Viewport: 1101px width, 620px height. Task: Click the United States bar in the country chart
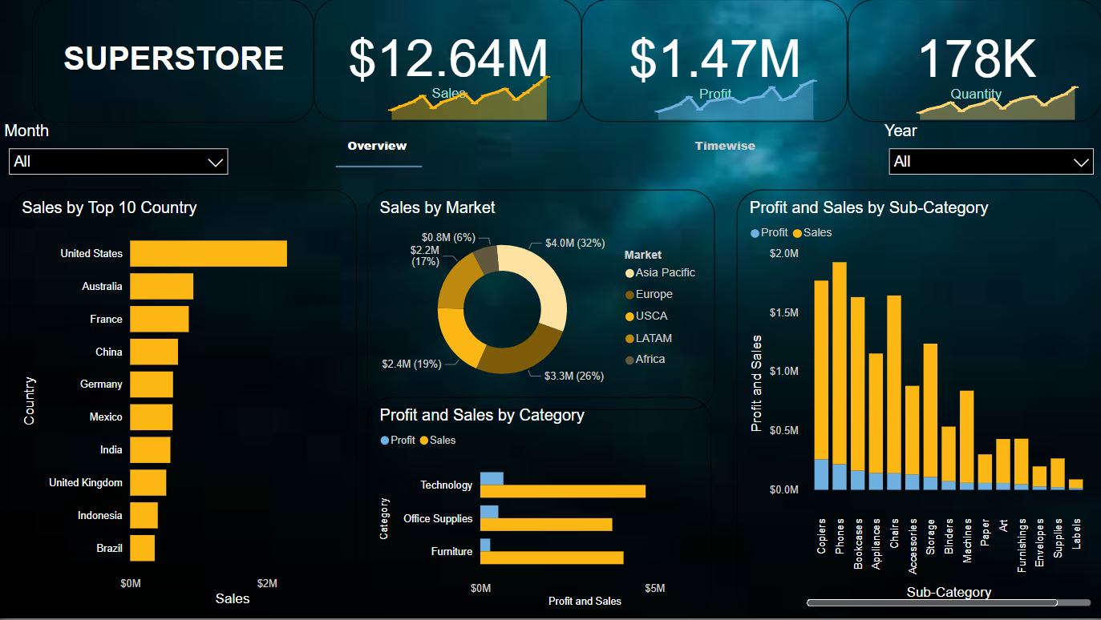pos(208,253)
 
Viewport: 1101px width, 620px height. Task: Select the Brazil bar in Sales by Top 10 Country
pos(142,548)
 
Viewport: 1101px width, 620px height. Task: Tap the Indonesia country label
pos(100,515)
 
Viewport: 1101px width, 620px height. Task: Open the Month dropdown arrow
pos(216,162)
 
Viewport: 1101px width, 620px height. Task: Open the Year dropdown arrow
pos(1081,162)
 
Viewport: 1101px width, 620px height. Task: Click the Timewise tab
pos(725,146)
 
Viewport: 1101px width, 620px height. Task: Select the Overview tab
pos(377,146)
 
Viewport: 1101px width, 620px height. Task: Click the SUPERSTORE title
pos(174,58)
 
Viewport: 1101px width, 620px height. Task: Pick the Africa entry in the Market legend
pos(650,359)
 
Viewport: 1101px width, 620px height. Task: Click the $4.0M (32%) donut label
pos(574,243)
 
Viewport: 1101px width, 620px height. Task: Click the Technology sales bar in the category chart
pos(562,491)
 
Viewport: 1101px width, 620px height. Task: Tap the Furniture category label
pos(451,551)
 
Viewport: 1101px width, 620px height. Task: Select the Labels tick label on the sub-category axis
pos(1076,533)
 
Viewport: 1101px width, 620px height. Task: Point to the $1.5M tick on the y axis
pos(783,312)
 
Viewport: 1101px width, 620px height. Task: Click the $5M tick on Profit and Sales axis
pos(655,588)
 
